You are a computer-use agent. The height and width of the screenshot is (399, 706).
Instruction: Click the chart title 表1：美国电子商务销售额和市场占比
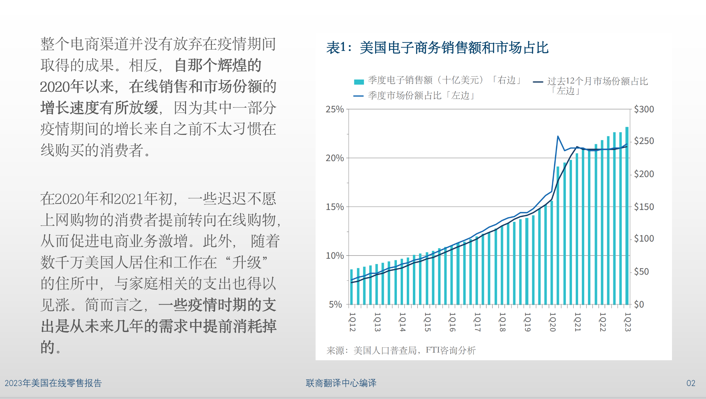437,48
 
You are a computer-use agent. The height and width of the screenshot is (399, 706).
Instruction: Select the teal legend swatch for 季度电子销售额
359,82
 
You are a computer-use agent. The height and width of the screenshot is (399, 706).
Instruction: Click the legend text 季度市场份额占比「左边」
421,96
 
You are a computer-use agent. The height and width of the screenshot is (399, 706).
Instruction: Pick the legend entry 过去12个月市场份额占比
597,82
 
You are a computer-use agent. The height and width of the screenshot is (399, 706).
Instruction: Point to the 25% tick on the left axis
335,109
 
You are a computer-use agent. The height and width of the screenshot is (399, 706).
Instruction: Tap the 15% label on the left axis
335,207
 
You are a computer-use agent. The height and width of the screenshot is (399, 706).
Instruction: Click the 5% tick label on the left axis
335,305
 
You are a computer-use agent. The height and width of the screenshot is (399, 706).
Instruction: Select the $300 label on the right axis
644,109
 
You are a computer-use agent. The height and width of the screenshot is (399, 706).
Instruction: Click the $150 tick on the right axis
644,207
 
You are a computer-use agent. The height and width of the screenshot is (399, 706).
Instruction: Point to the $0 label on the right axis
639,305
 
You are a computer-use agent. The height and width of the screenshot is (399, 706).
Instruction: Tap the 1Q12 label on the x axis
352,322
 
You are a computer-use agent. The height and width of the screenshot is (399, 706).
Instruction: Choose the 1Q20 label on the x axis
552,322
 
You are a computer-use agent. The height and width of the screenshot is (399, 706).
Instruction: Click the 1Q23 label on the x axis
627,322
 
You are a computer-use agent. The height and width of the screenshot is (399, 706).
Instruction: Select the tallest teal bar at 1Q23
627,218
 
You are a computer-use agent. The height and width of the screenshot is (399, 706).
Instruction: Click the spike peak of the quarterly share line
558,136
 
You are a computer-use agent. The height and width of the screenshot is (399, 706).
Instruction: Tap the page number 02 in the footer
691,383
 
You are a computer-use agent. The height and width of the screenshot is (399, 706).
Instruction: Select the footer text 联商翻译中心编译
341,383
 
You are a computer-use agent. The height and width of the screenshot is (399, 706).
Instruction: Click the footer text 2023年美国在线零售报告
53,383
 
